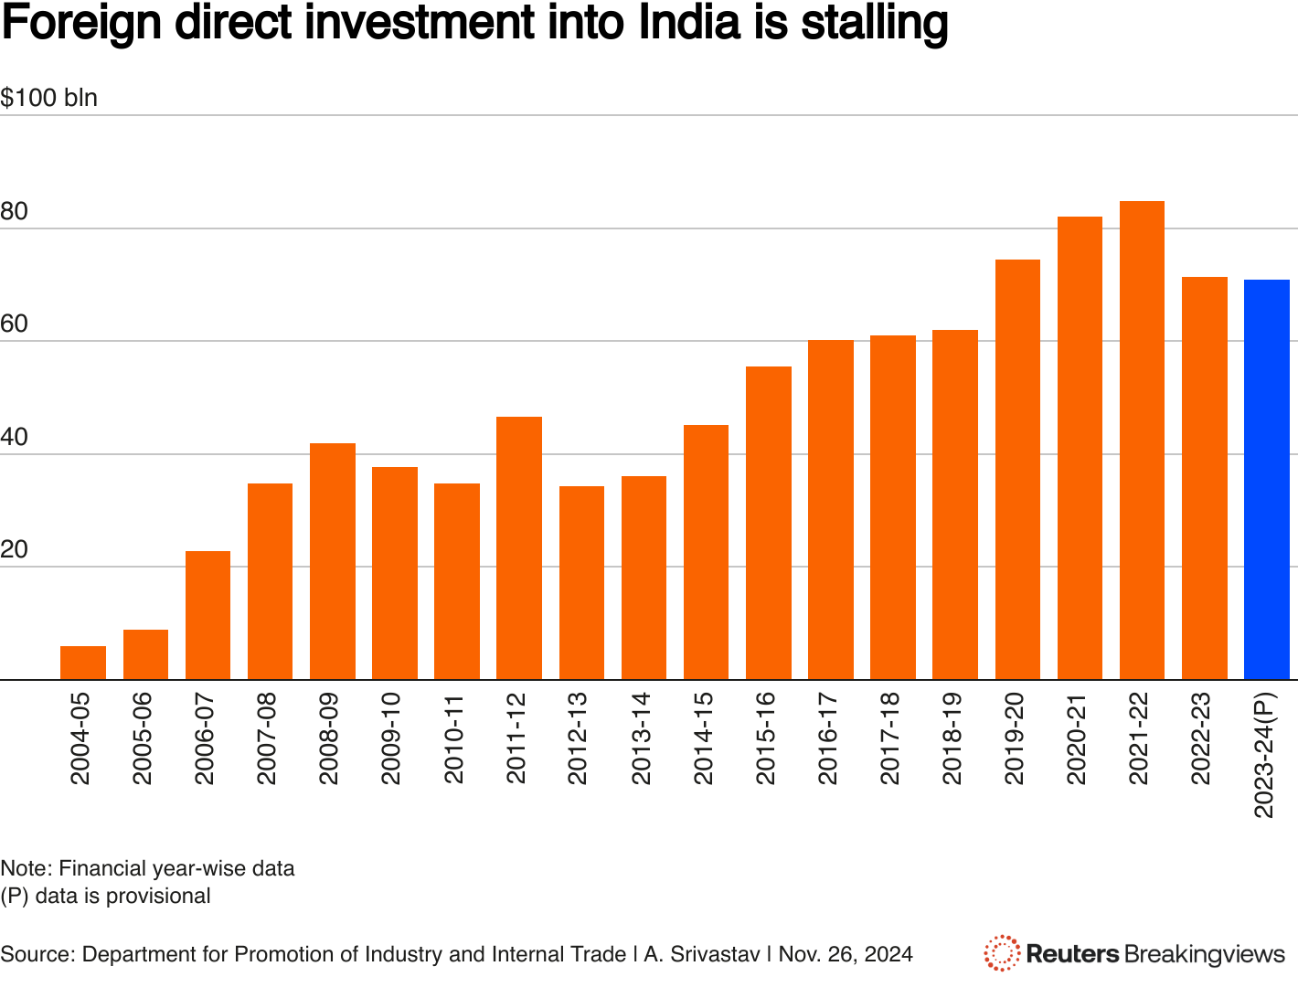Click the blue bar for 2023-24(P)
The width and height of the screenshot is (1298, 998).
click(x=1266, y=480)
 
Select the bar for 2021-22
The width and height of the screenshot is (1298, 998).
click(x=1142, y=441)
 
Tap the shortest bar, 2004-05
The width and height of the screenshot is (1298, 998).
click(x=83, y=663)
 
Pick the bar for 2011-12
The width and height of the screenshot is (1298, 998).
click(x=519, y=548)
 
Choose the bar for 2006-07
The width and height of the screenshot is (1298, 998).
click(x=207, y=615)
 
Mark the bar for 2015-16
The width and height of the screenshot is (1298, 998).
click(x=769, y=523)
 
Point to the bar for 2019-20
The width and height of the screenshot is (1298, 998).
click(x=1017, y=470)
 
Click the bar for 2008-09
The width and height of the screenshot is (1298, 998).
click(x=333, y=561)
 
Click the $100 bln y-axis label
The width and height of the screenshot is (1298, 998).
click(x=49, y=98)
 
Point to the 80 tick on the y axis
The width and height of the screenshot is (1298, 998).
click(x=15, y=212)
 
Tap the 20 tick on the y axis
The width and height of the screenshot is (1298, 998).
click(x=15, y=550)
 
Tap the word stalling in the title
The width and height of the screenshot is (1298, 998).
click(x=875, y=22)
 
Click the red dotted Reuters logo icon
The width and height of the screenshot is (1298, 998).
click(x=1002, y=953)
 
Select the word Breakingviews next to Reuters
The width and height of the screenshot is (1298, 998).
click(x=1205, y=954)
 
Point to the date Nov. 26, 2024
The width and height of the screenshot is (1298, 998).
click(x=846, y=954)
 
